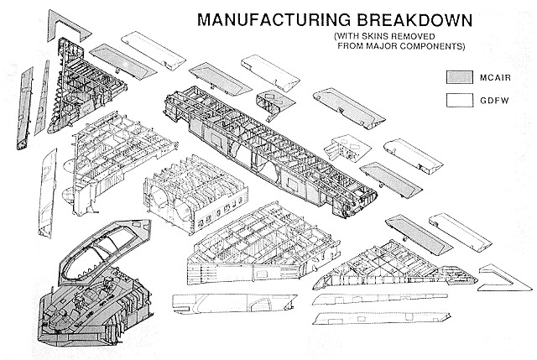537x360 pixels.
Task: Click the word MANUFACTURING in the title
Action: [274, 20]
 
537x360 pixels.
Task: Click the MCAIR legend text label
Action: [495, 78]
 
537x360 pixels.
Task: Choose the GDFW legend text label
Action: [494, 101]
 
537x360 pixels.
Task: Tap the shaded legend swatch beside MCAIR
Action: [459, 77]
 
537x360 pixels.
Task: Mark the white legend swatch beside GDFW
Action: [459, 101]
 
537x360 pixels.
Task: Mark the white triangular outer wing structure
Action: [394, 267]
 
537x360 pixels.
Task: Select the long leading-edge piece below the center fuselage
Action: [234, 303]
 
